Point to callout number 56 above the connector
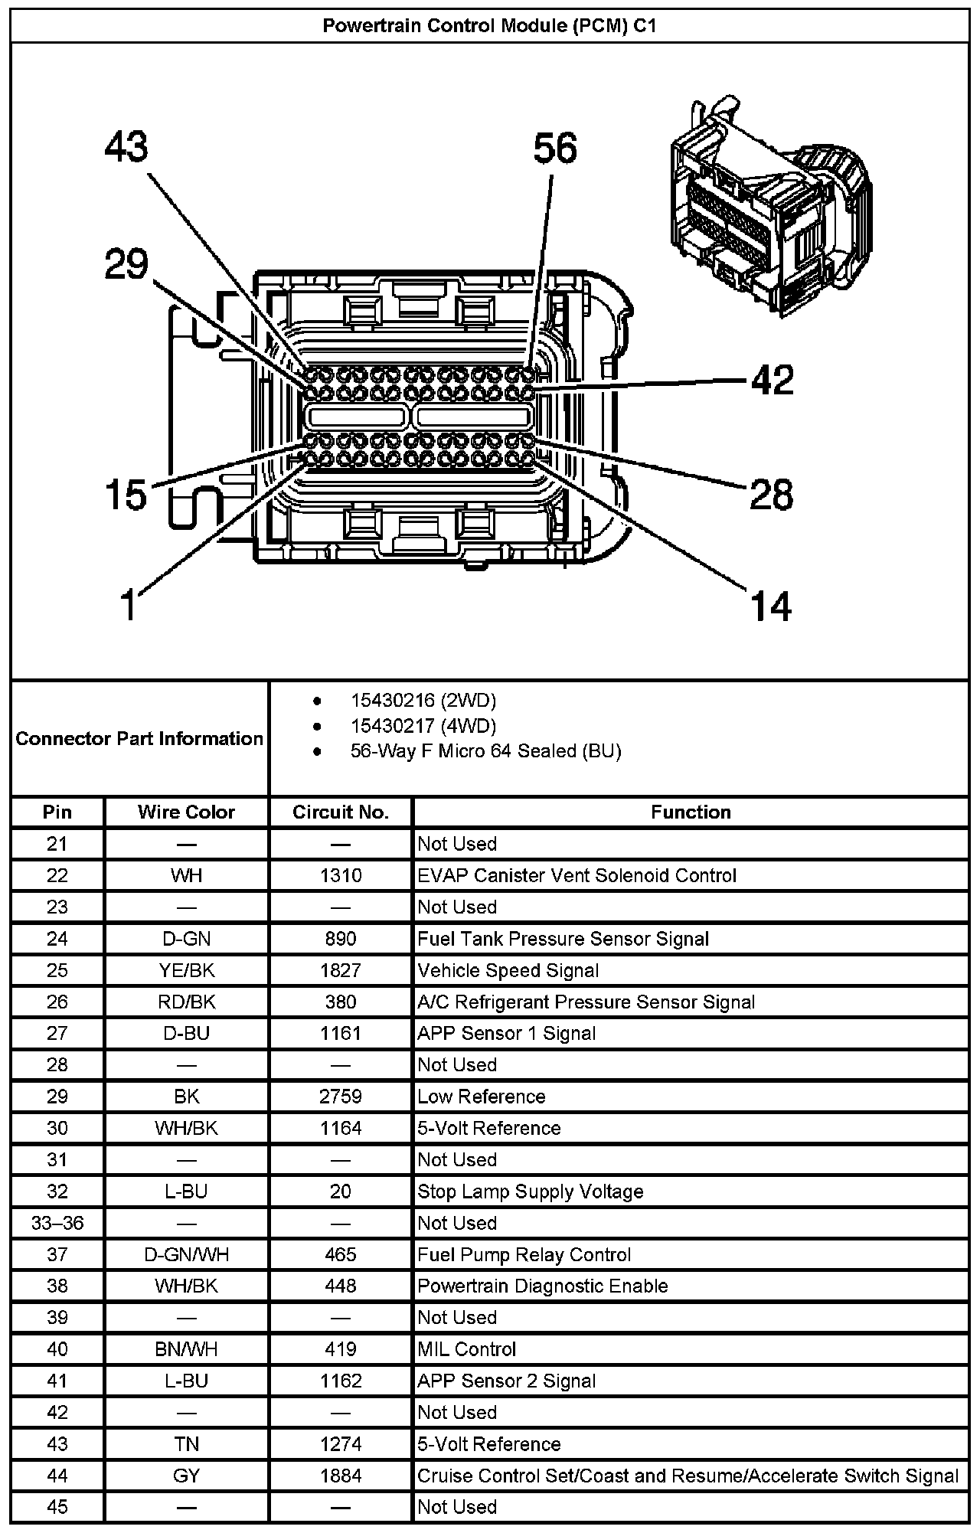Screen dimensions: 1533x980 click(555, 148)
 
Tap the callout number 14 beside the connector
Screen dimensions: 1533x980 click(771, 606)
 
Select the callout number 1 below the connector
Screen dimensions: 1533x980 click(130, 605)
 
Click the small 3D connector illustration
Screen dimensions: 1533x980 click(769, 207)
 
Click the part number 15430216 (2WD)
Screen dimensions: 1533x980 click(423, 700)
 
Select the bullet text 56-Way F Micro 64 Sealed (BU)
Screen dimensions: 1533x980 click(485, 751)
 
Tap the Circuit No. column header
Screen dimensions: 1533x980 click(341, 812)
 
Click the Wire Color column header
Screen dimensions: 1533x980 click(186, 812)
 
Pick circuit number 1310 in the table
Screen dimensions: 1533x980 click(341, 875)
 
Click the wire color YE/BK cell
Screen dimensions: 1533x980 click(186, 970)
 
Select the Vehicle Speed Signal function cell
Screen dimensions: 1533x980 click(508, 970)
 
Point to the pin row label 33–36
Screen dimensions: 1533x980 click(57, 1223)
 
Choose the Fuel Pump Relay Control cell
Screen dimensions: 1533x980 click(524, 1254)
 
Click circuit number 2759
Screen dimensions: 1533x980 click(341, 1097)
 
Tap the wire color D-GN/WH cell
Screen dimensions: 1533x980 click(186, 1254)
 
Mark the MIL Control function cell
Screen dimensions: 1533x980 click(466, 1349)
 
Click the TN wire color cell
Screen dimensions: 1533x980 click(186, 1444)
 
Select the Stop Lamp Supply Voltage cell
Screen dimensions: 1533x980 click(530, 1191)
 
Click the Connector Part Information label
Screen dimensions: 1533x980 click(139, 739)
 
